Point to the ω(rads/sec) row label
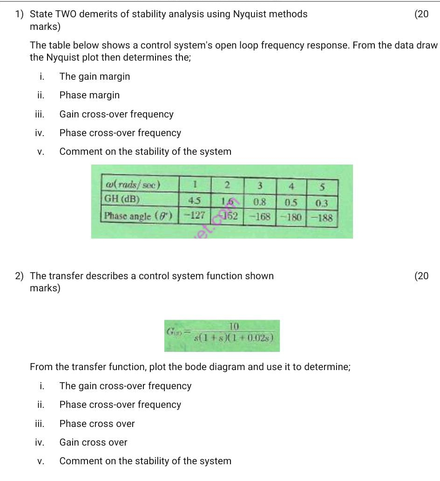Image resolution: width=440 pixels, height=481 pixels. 132,184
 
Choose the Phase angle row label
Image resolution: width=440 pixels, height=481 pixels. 138,216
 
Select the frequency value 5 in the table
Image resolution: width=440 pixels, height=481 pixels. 322,187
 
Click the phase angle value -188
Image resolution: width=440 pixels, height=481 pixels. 322,218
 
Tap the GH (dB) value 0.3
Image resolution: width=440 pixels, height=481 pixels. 321,203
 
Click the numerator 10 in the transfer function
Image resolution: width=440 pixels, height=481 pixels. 234,326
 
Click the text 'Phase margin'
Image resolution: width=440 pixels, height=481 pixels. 89,95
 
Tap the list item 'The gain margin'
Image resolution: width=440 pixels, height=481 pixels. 95,76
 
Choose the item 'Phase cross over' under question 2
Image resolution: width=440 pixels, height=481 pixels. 97,424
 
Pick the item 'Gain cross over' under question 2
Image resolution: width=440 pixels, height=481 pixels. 93,442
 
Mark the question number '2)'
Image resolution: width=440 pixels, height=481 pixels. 20,276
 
